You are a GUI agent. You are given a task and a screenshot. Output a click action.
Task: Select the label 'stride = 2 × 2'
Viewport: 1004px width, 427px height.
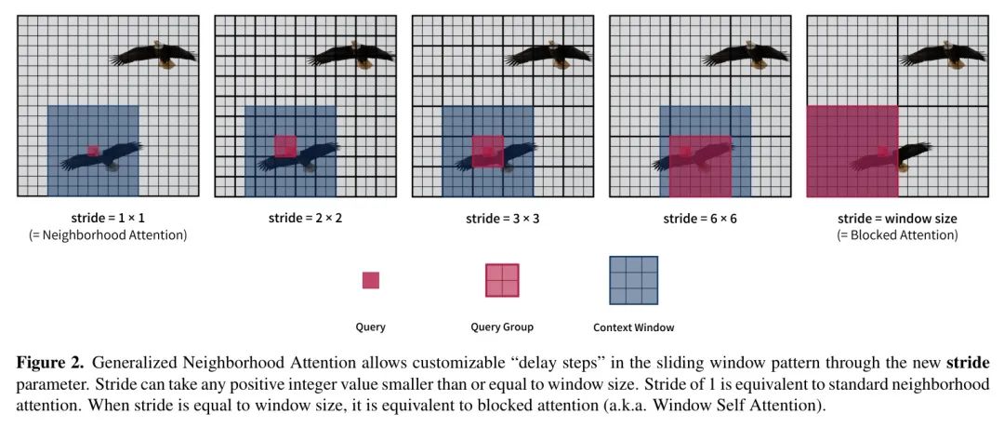[306, 218]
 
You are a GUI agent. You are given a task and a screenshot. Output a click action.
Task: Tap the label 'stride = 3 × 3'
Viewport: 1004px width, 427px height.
[503, 218]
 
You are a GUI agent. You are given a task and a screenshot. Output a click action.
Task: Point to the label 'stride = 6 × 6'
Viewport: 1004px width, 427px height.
[700, 218]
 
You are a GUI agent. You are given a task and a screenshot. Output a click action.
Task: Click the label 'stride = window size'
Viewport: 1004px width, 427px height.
[898, 219]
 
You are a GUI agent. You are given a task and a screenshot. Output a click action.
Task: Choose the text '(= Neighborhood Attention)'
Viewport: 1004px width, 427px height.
[108, 235]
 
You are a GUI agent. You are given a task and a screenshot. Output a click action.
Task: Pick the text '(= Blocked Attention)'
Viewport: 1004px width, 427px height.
[898, 235]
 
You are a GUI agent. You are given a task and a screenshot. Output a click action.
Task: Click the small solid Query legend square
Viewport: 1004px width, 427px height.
[371, 280]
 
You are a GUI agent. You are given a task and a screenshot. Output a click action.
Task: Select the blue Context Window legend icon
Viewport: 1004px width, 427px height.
[634, 280]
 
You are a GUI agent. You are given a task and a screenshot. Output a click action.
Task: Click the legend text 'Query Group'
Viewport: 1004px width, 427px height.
[502, 327]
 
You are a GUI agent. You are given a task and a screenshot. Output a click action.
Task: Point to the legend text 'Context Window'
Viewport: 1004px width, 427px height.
[634, 327]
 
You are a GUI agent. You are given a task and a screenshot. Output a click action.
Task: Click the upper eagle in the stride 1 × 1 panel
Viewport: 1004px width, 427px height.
[154, 55]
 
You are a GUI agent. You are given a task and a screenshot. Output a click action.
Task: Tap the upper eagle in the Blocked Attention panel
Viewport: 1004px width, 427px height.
[944, 55]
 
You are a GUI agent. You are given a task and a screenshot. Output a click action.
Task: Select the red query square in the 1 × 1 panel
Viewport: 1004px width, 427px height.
[94, 151]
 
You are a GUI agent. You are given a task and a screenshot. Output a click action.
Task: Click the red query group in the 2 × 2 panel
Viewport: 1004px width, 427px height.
[285, 146]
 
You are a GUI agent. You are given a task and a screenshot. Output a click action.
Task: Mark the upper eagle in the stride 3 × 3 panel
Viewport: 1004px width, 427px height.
[548, 55]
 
